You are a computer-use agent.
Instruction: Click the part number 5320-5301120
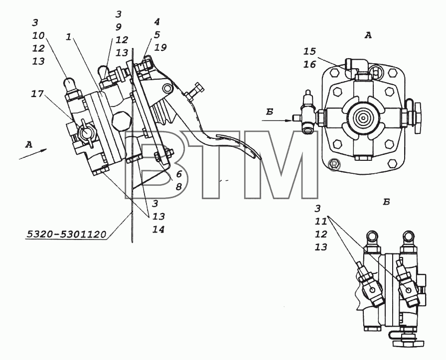pos(66,234)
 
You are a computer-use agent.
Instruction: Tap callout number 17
pos(37,94)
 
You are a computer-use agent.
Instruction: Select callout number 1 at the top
pos(68,37)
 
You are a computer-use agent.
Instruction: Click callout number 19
pos(160,47)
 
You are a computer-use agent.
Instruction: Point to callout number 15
pos(309,51)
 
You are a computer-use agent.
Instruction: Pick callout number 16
pos(309,64)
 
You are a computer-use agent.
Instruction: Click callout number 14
pos(158,230)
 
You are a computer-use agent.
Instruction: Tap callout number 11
pos(320,222)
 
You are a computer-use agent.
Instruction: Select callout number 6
pos(178,174)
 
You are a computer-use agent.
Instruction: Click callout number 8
pos(178,187)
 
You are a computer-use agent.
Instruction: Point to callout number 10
pos(38,35)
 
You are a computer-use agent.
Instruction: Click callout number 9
pos(118,27)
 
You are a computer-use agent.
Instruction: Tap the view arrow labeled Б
pos(277,121)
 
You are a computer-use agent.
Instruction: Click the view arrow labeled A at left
pos(33,154)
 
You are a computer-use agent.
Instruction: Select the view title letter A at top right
pos(368,35)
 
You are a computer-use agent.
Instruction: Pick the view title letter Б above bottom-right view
pos(386,202)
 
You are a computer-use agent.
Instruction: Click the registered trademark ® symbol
pos(334,164)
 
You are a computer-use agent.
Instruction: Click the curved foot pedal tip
pos(258,155)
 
